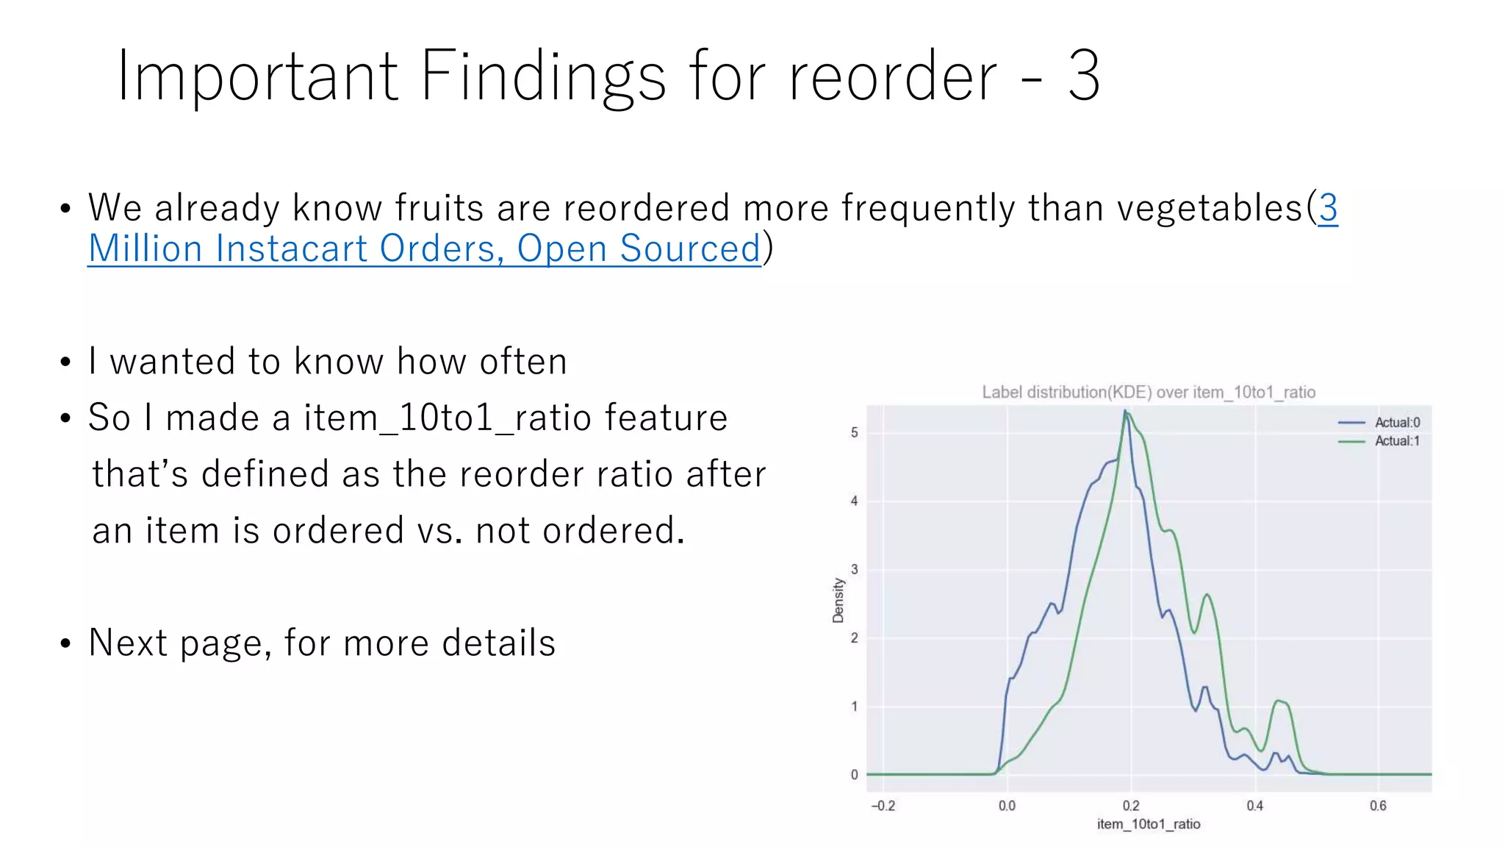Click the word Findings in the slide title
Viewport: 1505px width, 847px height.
click(x=543, y=76)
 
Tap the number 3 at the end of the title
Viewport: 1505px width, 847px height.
click(x=1083, y=76)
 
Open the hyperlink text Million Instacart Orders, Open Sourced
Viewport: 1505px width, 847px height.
click(x=424, y=249)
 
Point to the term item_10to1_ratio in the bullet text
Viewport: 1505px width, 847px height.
click(x=448, y=418)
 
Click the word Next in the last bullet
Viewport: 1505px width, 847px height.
click(x=128, y=643)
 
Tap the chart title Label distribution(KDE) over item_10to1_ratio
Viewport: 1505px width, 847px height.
click(x=1148, y=392)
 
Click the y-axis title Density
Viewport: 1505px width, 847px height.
click(x=838, y=600)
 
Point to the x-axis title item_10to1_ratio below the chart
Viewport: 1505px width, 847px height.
click(x=1148, y=823)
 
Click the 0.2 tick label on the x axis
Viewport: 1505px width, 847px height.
click(x=1131, y=806)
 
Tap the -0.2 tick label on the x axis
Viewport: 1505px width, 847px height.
click(x=883, y=806)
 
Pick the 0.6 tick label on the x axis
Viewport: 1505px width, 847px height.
click(x=1378, y=806)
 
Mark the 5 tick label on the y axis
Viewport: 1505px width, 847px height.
click(x=854, y=432)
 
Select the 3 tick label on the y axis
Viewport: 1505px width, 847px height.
click(x=854, y=569)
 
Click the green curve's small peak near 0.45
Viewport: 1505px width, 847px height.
click(x=1279, y=701)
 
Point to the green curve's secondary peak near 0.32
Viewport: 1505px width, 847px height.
click(x=1207, y=595)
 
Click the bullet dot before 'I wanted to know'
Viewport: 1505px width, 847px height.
click(x=65, y=362)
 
